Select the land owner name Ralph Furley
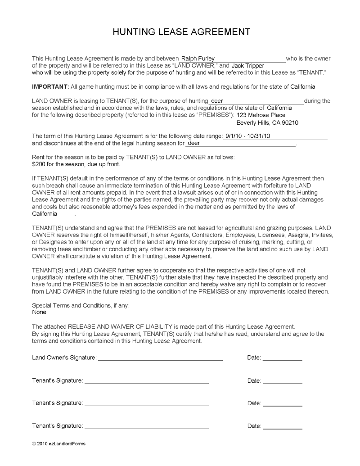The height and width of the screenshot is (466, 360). [198, 59]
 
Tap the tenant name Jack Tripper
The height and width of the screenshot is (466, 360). [247, 66]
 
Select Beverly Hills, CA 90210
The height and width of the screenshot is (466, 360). [267, 122]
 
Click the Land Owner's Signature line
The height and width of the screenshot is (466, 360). [161, 358]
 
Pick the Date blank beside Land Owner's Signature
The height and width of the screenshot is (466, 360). [282, 358]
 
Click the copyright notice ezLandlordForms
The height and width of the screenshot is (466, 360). [58, 443]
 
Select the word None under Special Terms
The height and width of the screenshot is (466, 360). [39, 312]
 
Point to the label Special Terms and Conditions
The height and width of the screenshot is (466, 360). [81, 305]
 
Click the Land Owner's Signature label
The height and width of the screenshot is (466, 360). [64, 358]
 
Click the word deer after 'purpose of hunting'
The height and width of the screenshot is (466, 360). [217, 101]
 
